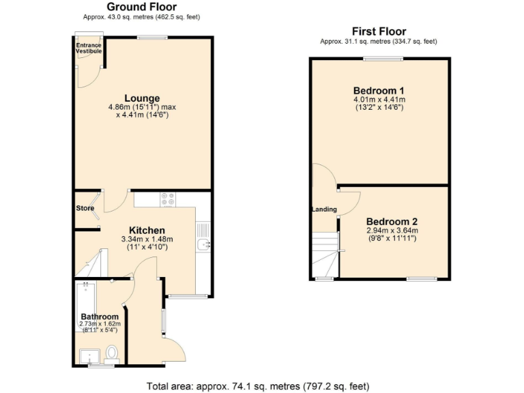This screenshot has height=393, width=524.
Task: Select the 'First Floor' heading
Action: (379, 31)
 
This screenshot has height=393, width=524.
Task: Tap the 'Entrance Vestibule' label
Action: (89, 48)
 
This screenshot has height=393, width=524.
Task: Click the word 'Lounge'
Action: (142, 98)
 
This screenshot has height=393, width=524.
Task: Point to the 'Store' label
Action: (85, 208)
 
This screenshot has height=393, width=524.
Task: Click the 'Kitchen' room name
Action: (147, 231)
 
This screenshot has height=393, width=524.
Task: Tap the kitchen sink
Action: (203, 244)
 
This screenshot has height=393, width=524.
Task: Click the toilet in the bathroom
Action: (113, 353)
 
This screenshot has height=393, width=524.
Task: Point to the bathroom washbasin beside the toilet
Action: (88, 356)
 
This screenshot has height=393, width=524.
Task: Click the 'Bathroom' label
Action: (100, 317)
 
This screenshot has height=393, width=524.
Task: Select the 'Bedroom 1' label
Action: (379, 91)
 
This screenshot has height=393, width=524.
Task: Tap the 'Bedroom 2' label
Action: (392, 222)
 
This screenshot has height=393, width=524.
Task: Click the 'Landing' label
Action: (324, 209)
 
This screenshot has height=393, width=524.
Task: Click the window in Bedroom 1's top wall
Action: (382, 59)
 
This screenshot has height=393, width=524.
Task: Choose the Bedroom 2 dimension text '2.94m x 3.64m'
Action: (392, 231)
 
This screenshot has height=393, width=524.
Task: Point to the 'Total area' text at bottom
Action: (258, 386)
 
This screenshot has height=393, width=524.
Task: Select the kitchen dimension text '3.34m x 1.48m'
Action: (147, 239)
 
